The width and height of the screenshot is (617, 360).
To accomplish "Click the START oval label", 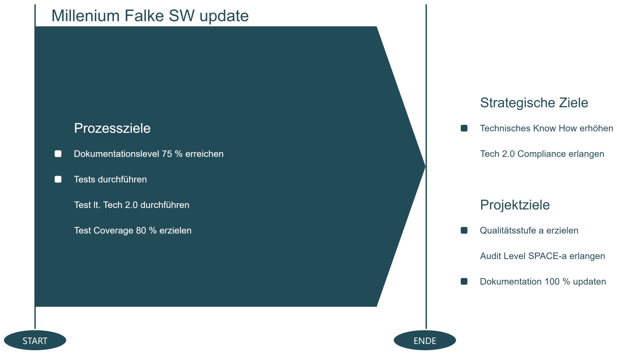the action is click(x=35, y=340).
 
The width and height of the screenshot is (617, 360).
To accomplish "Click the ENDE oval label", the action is click(x=425, y=340).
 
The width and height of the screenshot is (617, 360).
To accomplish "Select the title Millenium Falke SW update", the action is click(x=150, y=16).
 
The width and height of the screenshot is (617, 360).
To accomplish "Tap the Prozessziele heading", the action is click(x=112, y=128).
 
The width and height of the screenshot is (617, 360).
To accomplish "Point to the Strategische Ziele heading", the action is click(x=534, y=103).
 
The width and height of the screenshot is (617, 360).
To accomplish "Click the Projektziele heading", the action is click(x=515, y=205).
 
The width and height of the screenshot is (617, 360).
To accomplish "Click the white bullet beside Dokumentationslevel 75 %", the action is click(x=58, y=154).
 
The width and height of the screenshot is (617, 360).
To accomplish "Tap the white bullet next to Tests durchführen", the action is click(x=58, y=179).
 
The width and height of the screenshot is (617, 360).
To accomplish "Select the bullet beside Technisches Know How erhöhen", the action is click(x=464, y=128).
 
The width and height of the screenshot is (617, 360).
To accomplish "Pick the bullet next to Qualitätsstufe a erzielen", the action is click(x=464, y=230).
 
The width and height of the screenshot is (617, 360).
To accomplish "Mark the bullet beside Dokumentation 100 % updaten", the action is click(x=464, y=282).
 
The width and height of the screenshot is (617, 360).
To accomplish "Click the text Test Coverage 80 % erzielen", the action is click(x=133, y=230).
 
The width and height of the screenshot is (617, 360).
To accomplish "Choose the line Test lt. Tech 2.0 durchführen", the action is click(x=132, y=205).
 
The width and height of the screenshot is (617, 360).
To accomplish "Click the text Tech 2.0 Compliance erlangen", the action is click(x=542, y=154).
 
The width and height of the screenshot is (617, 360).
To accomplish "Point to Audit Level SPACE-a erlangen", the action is click(x=542, y=256).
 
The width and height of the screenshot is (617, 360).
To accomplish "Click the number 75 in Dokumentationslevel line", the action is click(x=167, y=154).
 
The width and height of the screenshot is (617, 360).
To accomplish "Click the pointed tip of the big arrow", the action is click(x=425, y=166).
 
